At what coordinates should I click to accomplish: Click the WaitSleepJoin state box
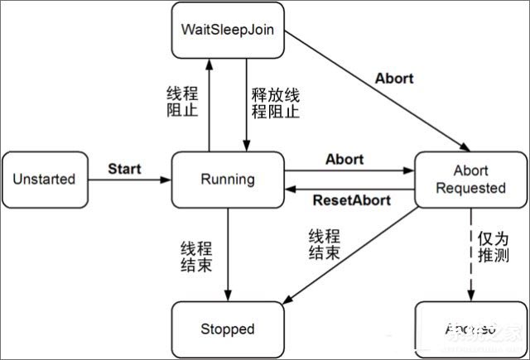tap(228, 30)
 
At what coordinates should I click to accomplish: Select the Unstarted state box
tap(44, 179)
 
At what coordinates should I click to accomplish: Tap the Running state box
tap(228, 178)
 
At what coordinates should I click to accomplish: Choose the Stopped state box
tap(228, 329)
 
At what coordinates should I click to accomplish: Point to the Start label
tap(124, 169)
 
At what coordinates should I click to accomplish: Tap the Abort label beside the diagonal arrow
tap(394, 79)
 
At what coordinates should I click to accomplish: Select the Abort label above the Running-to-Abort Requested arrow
tap(344, 159)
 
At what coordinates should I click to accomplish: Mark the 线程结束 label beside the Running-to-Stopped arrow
tap(195, 257)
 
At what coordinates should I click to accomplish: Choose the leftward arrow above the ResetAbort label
tap(348, 189)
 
